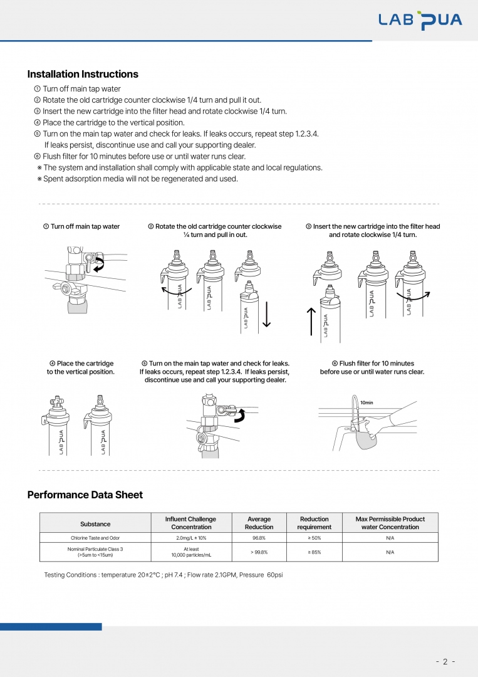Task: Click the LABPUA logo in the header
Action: tap(420, 20)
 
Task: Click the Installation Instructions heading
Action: tap(83, 74)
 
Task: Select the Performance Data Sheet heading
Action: tap(85, 495)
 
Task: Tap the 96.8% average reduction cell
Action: tap(259, 538)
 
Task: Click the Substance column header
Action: tap(95, 523)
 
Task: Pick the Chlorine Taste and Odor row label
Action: tap(95, 538)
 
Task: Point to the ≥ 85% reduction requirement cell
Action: tap(314, 552)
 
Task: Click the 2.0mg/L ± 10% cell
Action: tap(190, 538)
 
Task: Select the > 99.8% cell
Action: tap(259, 552)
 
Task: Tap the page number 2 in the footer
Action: tap(445, 661)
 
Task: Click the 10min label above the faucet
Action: tap(367, 402)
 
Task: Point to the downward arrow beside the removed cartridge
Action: tap(266, 313)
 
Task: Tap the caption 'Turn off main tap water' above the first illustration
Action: tap(81, 226)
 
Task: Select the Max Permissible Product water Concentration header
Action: tap(390, 523)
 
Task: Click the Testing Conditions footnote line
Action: tap(164, 575)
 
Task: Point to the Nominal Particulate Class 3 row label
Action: tap(95, 552)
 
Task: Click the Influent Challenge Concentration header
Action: tap(190, 523)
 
